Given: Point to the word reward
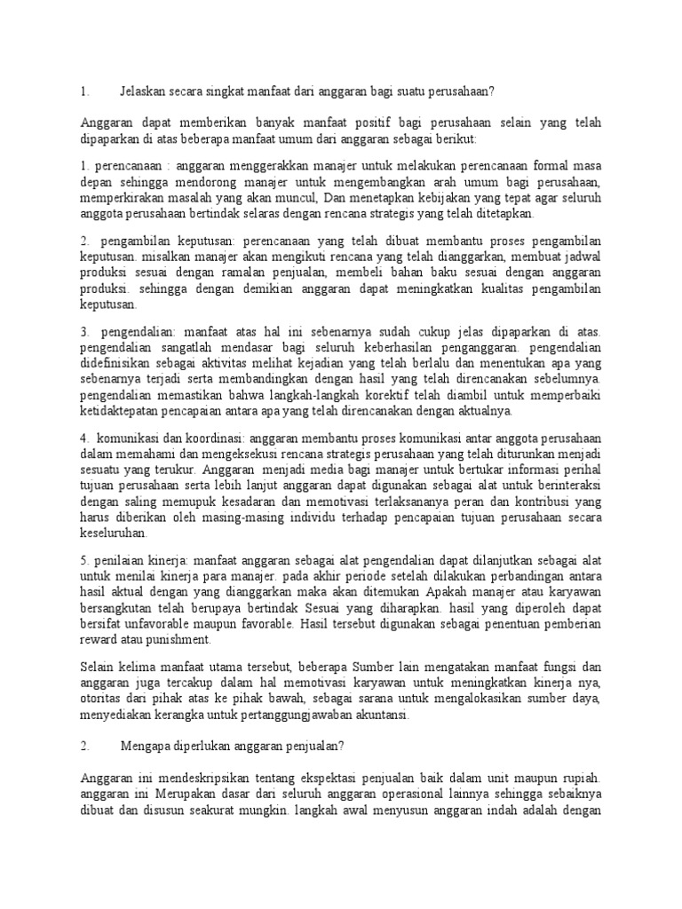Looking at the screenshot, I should [x=98, y=639].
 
